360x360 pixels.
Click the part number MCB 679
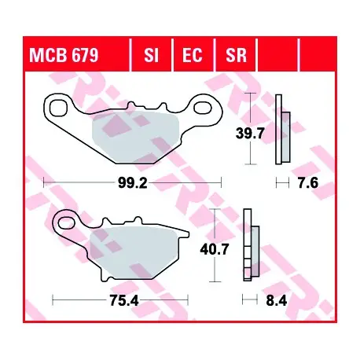64,55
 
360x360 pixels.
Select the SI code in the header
152,55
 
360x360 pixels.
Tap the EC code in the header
193,55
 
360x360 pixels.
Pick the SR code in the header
237,55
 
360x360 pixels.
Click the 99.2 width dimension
133,183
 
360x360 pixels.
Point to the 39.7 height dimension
250,134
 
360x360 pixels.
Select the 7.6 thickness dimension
308,182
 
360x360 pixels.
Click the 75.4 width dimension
124,301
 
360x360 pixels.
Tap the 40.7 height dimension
215,249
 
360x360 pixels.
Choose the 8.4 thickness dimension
277,301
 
